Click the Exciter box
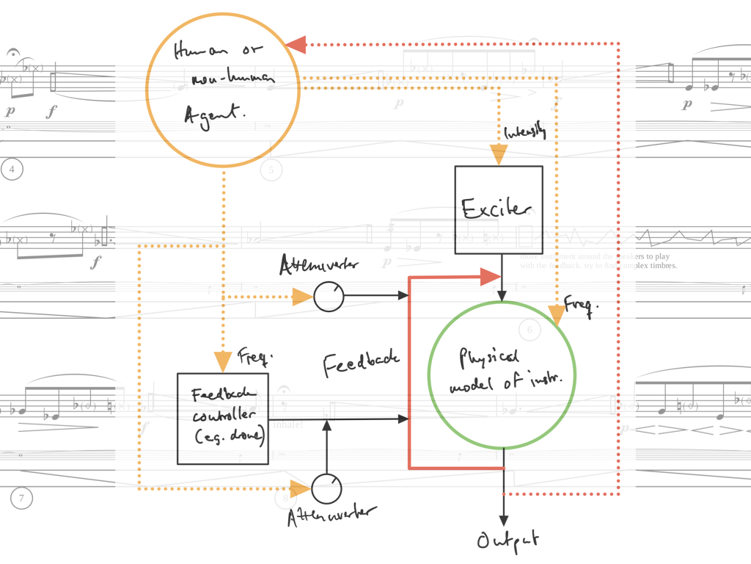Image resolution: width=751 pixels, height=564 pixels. (499, 209)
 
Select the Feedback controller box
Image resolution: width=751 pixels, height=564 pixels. (223, 418)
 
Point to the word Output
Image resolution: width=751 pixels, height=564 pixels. (508, 541)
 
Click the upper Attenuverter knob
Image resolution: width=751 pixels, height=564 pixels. (329, 297)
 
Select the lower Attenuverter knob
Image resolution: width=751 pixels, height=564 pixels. (327, 488)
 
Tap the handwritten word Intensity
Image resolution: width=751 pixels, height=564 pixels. (525, 132)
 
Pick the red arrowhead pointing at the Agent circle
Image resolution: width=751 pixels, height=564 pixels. (296, 45)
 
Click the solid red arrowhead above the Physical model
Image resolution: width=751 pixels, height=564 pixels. (490, 277)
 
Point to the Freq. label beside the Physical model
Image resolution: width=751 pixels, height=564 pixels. (577, 303)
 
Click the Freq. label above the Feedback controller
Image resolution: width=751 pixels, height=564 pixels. (255, 358)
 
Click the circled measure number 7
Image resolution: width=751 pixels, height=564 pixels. (21, 499)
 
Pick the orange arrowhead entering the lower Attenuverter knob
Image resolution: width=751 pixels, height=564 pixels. (301, 488)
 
